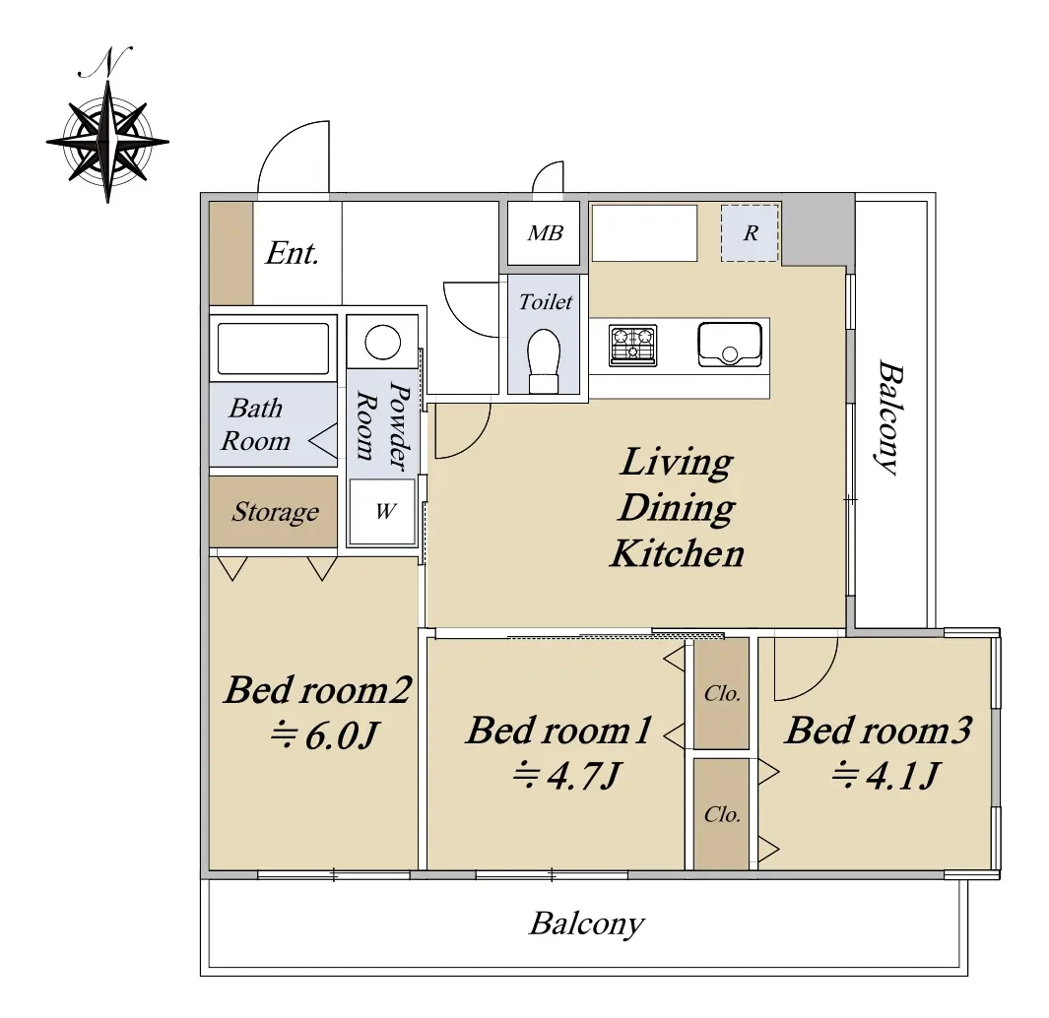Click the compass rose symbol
[107, 142]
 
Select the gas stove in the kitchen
[633, 346]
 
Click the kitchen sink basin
[730, 346]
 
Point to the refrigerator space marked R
[750, 232]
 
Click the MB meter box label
[546, 232]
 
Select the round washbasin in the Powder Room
[383, 343]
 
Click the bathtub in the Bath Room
[273, 349]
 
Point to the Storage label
[275, 512]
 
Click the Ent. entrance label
[292, 253]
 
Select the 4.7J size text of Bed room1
[567, 777]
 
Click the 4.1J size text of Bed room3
[886, 777]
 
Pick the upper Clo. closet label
[722, 694]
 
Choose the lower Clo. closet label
[722, 814]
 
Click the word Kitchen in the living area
[677, 554]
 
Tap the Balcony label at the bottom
[587, 925]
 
